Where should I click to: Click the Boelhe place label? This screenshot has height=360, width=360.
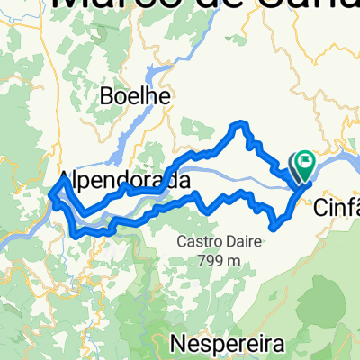(x=137, y=95)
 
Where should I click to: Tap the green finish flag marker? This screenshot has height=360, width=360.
(x=303, y=163)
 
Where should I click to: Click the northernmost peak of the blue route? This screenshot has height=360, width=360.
(x=240, y=123)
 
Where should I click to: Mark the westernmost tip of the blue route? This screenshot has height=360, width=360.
(x=49, y=192)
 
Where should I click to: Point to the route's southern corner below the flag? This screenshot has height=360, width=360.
(x=272, y=225)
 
